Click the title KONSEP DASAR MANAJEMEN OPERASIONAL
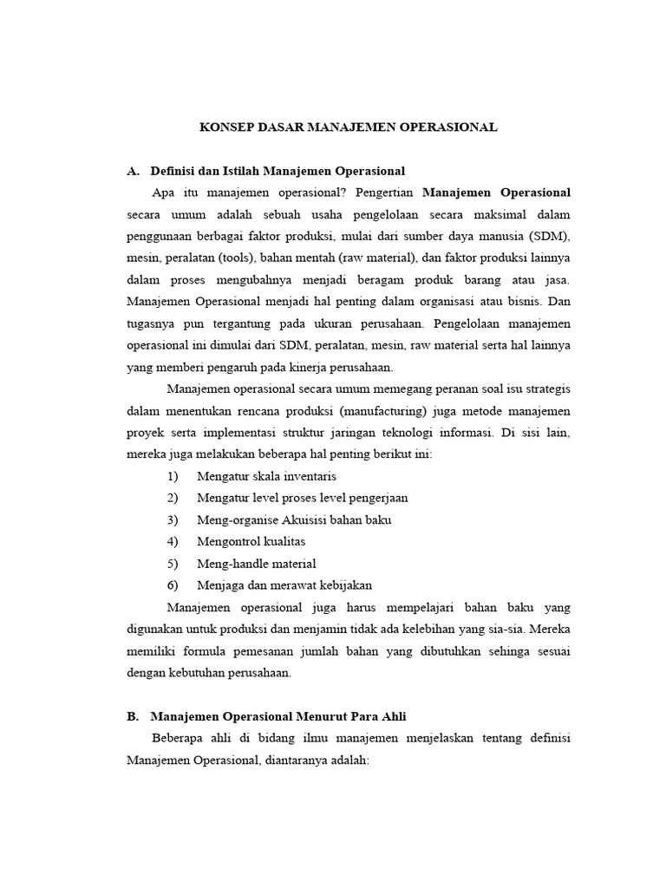(349, 127)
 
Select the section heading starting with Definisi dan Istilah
(277, 170)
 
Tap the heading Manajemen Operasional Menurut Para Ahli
(277, 716)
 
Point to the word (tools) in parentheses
(230, 258)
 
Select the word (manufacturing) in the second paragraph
(380, 410)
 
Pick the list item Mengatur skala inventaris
(266, 476)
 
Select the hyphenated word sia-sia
(502, 629)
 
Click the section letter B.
(132, 716)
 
